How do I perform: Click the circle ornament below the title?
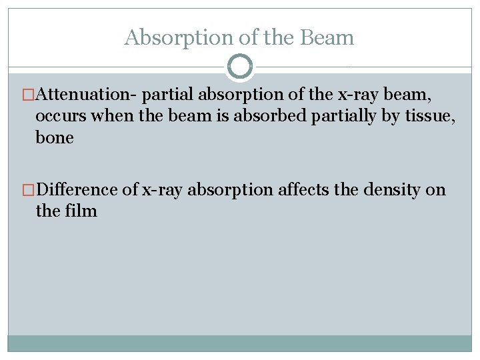coord(239,67)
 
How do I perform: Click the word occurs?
coord(61,116)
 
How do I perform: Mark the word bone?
coord(54,137)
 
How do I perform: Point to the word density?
coord(389,190)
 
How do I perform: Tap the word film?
coord(81,211)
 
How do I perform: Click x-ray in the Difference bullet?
coord(162,190)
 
